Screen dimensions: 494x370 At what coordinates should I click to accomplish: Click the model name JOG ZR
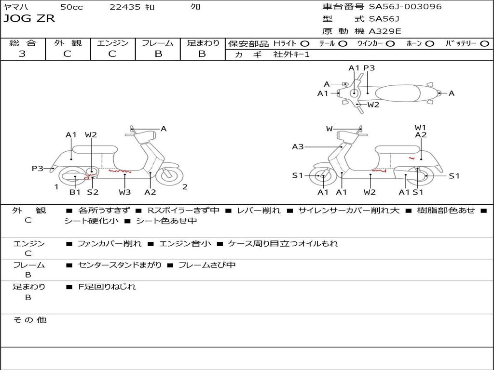(x=29, y=19)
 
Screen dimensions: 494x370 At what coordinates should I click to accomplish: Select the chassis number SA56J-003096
(x=405, y=6)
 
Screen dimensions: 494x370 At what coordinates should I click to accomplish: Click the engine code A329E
(x=384, y=31)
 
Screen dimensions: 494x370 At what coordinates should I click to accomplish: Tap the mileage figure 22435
(x=125, y=7)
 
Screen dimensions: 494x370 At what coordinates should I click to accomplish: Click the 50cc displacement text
(x=71, y=7)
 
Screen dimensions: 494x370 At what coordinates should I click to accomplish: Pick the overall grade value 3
(x=22, y=53)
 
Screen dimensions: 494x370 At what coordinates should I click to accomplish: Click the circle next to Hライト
(x=305, y=44)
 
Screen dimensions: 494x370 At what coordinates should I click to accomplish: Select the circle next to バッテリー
(x=485, y=44)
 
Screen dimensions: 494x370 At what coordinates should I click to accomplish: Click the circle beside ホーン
(x=430, y=44)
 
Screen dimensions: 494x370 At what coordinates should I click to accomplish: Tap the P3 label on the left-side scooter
(x=38, y=168)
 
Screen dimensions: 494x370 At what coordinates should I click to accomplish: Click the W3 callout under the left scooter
(x=125, y=192)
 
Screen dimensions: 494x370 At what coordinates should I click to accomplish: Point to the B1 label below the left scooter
(x=75, y=192)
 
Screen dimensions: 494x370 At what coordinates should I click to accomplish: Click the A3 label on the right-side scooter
(x=298, y=146)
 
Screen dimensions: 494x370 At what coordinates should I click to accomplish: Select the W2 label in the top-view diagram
(x=373, y=105)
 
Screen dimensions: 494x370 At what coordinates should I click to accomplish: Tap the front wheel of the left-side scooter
(x=169, y=175)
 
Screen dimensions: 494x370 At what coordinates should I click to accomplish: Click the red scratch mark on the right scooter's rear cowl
(x=412, y=158)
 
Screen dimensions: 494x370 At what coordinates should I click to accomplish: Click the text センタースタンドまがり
(x=120, y=265)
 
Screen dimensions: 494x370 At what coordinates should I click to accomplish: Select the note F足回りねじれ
(x=107, y=287)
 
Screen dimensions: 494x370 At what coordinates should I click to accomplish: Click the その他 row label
(x=30, y=320)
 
